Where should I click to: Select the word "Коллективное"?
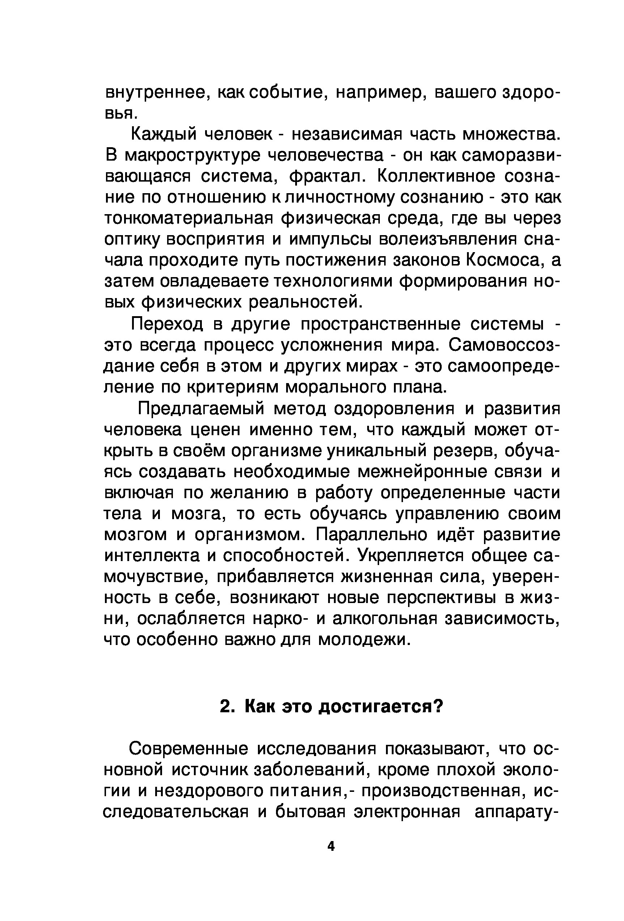436,176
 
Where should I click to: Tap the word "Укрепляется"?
411,556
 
